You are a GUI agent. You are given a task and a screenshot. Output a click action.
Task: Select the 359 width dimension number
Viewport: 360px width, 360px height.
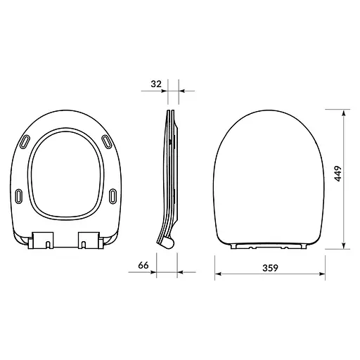(x=271, y=267)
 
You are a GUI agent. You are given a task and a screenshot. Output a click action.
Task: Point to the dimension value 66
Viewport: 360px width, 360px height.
(x=143, y=266)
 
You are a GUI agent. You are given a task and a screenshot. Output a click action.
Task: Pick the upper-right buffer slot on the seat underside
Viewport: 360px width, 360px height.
(x=108, y=143)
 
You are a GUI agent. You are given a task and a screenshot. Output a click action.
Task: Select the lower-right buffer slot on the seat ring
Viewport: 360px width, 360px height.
(x=115, y=193)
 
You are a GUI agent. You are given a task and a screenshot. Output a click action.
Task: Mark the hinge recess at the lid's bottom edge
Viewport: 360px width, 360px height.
(x=271, y=247)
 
